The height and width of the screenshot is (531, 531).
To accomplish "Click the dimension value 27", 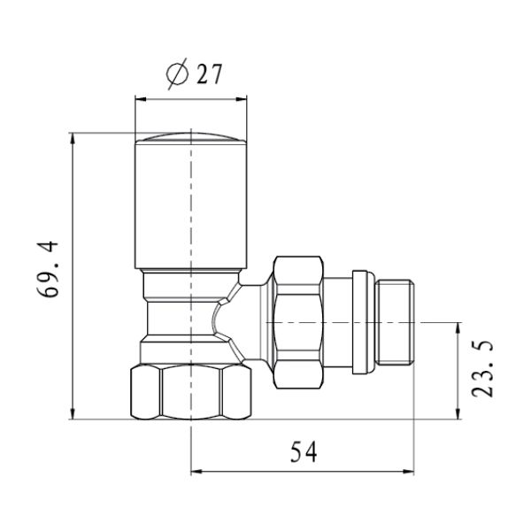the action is (x=209, y=73).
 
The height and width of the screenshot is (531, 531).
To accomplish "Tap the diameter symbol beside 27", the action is (x=177, y=73).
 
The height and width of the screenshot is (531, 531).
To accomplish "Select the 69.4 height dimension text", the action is (x=48, y=269).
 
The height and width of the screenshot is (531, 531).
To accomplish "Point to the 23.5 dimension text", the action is (x=482, y=368).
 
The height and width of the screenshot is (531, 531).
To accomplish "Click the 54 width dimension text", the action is (x=304, y=451).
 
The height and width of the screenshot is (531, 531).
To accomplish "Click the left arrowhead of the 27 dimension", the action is (x=141, y=99).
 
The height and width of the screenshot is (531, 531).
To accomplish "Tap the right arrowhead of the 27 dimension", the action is (x=241, y=99).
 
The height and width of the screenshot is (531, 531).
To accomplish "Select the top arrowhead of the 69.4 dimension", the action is (x=73, y=138).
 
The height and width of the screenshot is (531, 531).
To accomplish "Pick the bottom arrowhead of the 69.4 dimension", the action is (x=73, y=413).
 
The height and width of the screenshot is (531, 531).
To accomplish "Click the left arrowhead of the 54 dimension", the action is (x=196, y=471).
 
